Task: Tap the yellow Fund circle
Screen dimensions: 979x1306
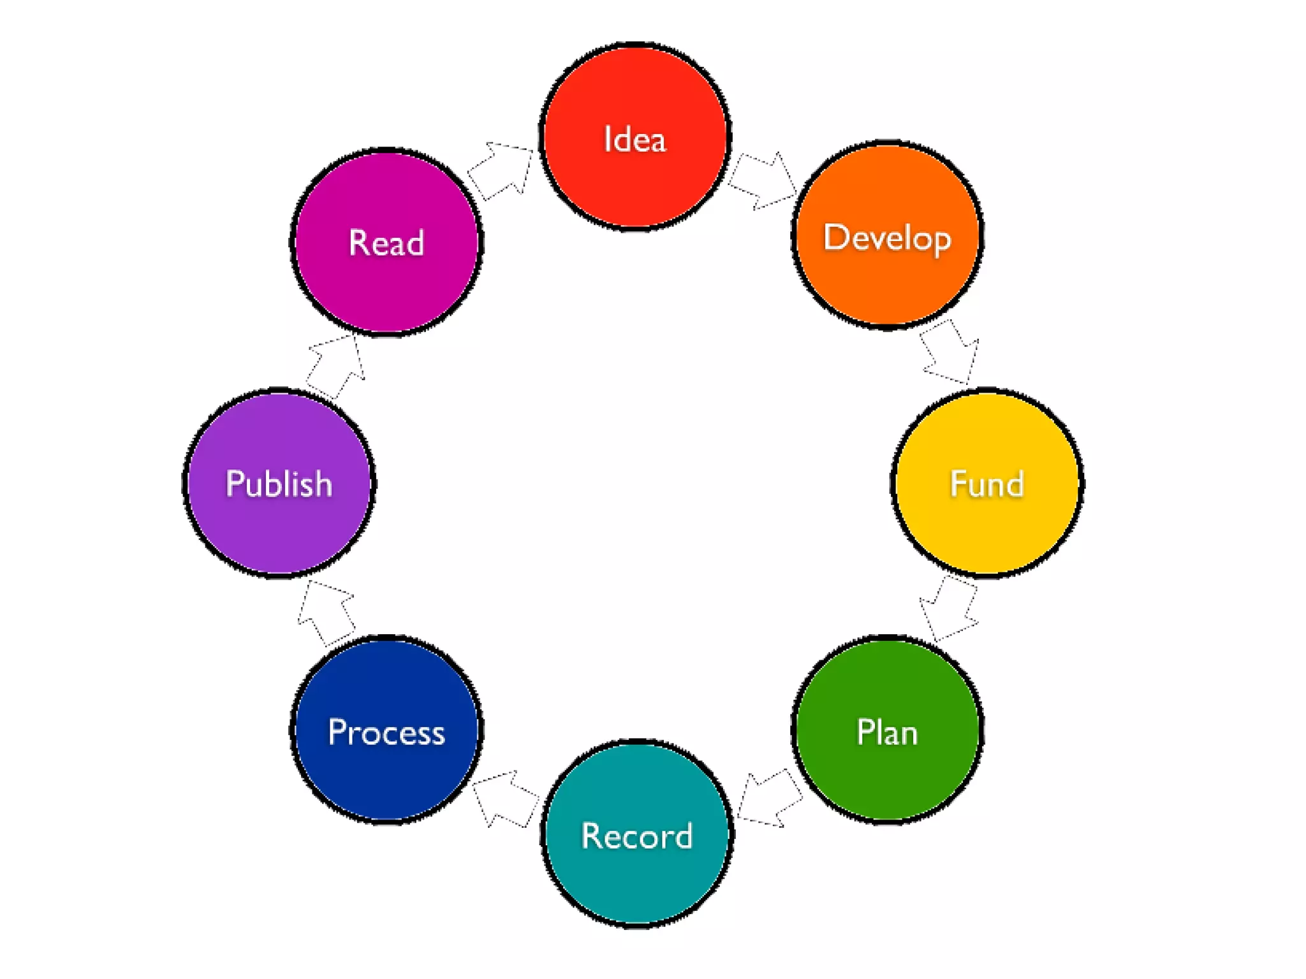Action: tap(987, 483)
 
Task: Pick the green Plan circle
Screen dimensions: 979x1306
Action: tap(887, 729)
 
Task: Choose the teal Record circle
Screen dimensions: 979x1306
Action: tap(637, 834)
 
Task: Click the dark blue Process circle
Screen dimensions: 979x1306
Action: tap(386, 729)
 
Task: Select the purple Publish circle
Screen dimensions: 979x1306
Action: tap(279, 483)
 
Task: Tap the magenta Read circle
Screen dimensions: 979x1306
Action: tap(386, 242)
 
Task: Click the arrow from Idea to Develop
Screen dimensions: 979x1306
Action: tap(763, 180)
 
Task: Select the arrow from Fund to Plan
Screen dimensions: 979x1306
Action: tap(949, 609)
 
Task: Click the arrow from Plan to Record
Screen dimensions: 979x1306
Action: tap(769, 799)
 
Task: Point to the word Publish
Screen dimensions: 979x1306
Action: tap(279, 484)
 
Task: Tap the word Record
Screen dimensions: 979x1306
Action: tap(637, 836)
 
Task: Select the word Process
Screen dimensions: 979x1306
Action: tap(386, 732)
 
